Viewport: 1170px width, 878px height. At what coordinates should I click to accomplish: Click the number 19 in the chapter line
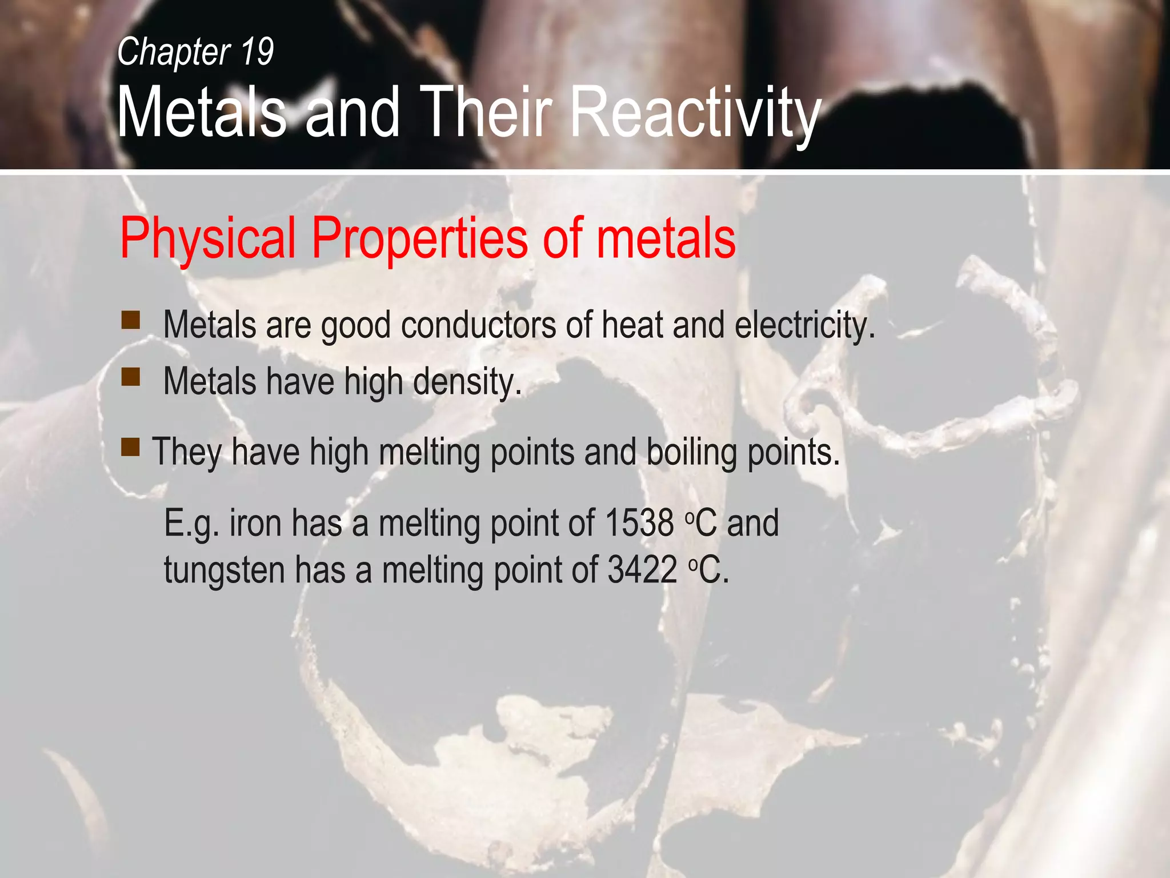(257, 52)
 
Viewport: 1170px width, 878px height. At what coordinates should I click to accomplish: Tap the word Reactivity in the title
(696, 113)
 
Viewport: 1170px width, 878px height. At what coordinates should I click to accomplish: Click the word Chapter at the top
(174, 52)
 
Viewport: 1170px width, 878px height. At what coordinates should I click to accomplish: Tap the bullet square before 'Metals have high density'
(131, 377)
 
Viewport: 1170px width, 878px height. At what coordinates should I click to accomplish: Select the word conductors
(479, 325)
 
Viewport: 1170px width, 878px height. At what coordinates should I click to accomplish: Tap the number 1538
(639, 523)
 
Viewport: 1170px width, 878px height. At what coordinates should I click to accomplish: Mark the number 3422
(642, 570)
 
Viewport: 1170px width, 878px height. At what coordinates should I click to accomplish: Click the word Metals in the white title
(201, 113)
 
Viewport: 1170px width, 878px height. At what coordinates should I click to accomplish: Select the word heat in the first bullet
(632, 325)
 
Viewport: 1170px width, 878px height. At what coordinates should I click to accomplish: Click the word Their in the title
(489, 113)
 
